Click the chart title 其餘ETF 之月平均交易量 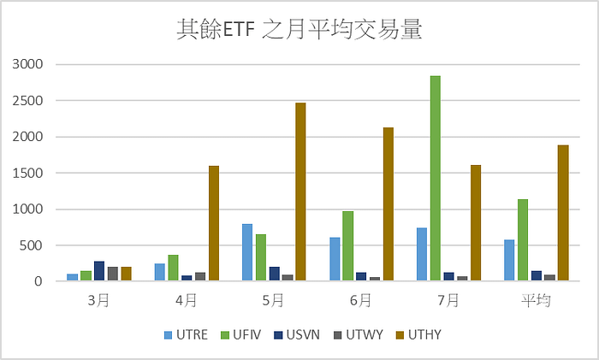[299, 29]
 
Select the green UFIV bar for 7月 [436, 178]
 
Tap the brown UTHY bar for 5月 [300, 192]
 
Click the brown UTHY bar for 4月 [214, 223]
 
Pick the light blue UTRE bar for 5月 [247, 252]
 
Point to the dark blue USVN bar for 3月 [99, 271]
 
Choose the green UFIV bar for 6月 [348, 246]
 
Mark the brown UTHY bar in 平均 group [563, 213]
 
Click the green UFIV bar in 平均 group [523, 240]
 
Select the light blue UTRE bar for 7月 [422, 254]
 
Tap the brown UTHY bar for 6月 [388, 204]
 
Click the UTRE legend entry [186, 335]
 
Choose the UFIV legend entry [241, 335]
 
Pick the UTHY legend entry [418, 335]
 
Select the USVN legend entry [297, 335]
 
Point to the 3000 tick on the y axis [28, 64]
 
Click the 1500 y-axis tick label [28, 173]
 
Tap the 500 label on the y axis [32, 245]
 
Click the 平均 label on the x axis [537, 301]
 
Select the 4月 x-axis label [186, 301]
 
